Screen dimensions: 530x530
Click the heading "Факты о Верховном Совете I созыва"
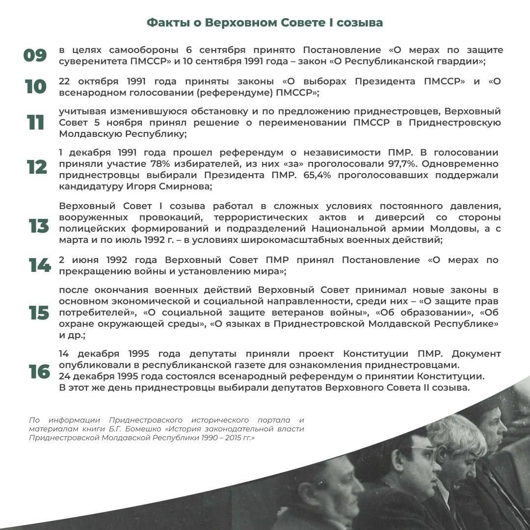point(265,23)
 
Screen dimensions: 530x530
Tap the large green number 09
point(35,55)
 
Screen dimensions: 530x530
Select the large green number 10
point(35,87)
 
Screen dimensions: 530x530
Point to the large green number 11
point(35,122)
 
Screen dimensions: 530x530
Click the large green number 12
point(37,167)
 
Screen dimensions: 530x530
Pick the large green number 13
point(39,226)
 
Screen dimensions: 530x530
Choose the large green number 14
point(39,265)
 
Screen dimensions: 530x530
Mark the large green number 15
point(39,313)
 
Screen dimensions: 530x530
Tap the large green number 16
point(39,372)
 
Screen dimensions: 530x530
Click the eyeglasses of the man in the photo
point(423,450)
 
